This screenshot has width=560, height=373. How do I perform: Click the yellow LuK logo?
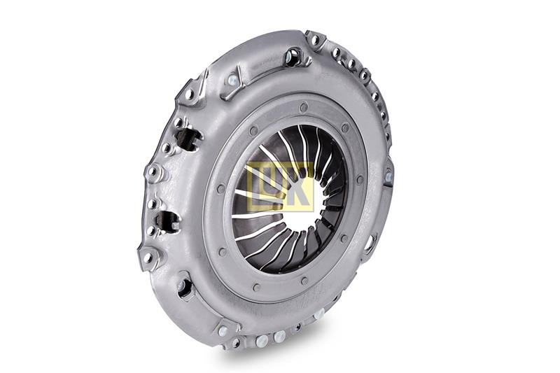click(x=280, y=186)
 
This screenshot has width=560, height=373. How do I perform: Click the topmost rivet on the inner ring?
click(x=304, y=106)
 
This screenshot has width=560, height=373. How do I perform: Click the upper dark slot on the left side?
click(x=187, y=137)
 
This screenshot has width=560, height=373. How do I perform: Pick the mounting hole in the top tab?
click(x=314, y=40)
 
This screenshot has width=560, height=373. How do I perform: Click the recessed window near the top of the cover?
click(x=293, y=58)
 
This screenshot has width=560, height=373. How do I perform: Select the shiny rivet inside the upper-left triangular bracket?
click(x=232, y=79)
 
